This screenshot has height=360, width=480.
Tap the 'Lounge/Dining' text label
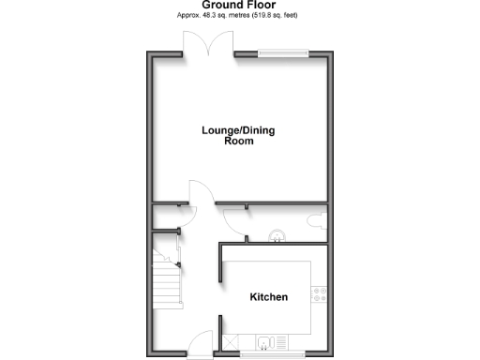point(239,130)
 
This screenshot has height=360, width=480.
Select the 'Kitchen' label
point(268,297)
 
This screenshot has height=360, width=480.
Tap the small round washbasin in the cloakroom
point(277,235)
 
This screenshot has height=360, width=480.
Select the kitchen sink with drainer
point(272,342)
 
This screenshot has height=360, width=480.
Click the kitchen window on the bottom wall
point(272,355)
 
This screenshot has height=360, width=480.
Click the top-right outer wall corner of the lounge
point(332,52)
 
